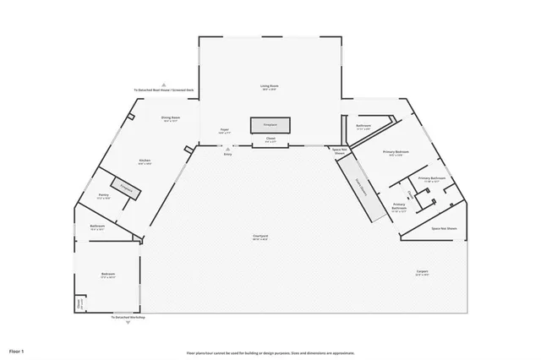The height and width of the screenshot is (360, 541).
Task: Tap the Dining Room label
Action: click(x=169, y=119)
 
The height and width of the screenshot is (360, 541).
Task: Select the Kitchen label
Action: click(x=145, y=162)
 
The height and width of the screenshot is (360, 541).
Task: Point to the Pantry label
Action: click(x=104, y=196)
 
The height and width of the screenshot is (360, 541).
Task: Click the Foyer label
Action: click(x=225, y=131)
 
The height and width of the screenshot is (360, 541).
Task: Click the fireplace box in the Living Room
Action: click(x=270, y=124)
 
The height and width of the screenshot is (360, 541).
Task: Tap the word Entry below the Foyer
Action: click(x=227, y=155)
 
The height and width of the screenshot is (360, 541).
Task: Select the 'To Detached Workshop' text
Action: click(x=128, y=317)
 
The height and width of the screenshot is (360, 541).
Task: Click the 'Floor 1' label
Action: click(x=17, y=350)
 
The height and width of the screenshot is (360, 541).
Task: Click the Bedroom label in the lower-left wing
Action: click(x=108, y=275)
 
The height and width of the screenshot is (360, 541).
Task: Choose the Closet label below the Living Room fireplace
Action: click(x=270, y=139)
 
